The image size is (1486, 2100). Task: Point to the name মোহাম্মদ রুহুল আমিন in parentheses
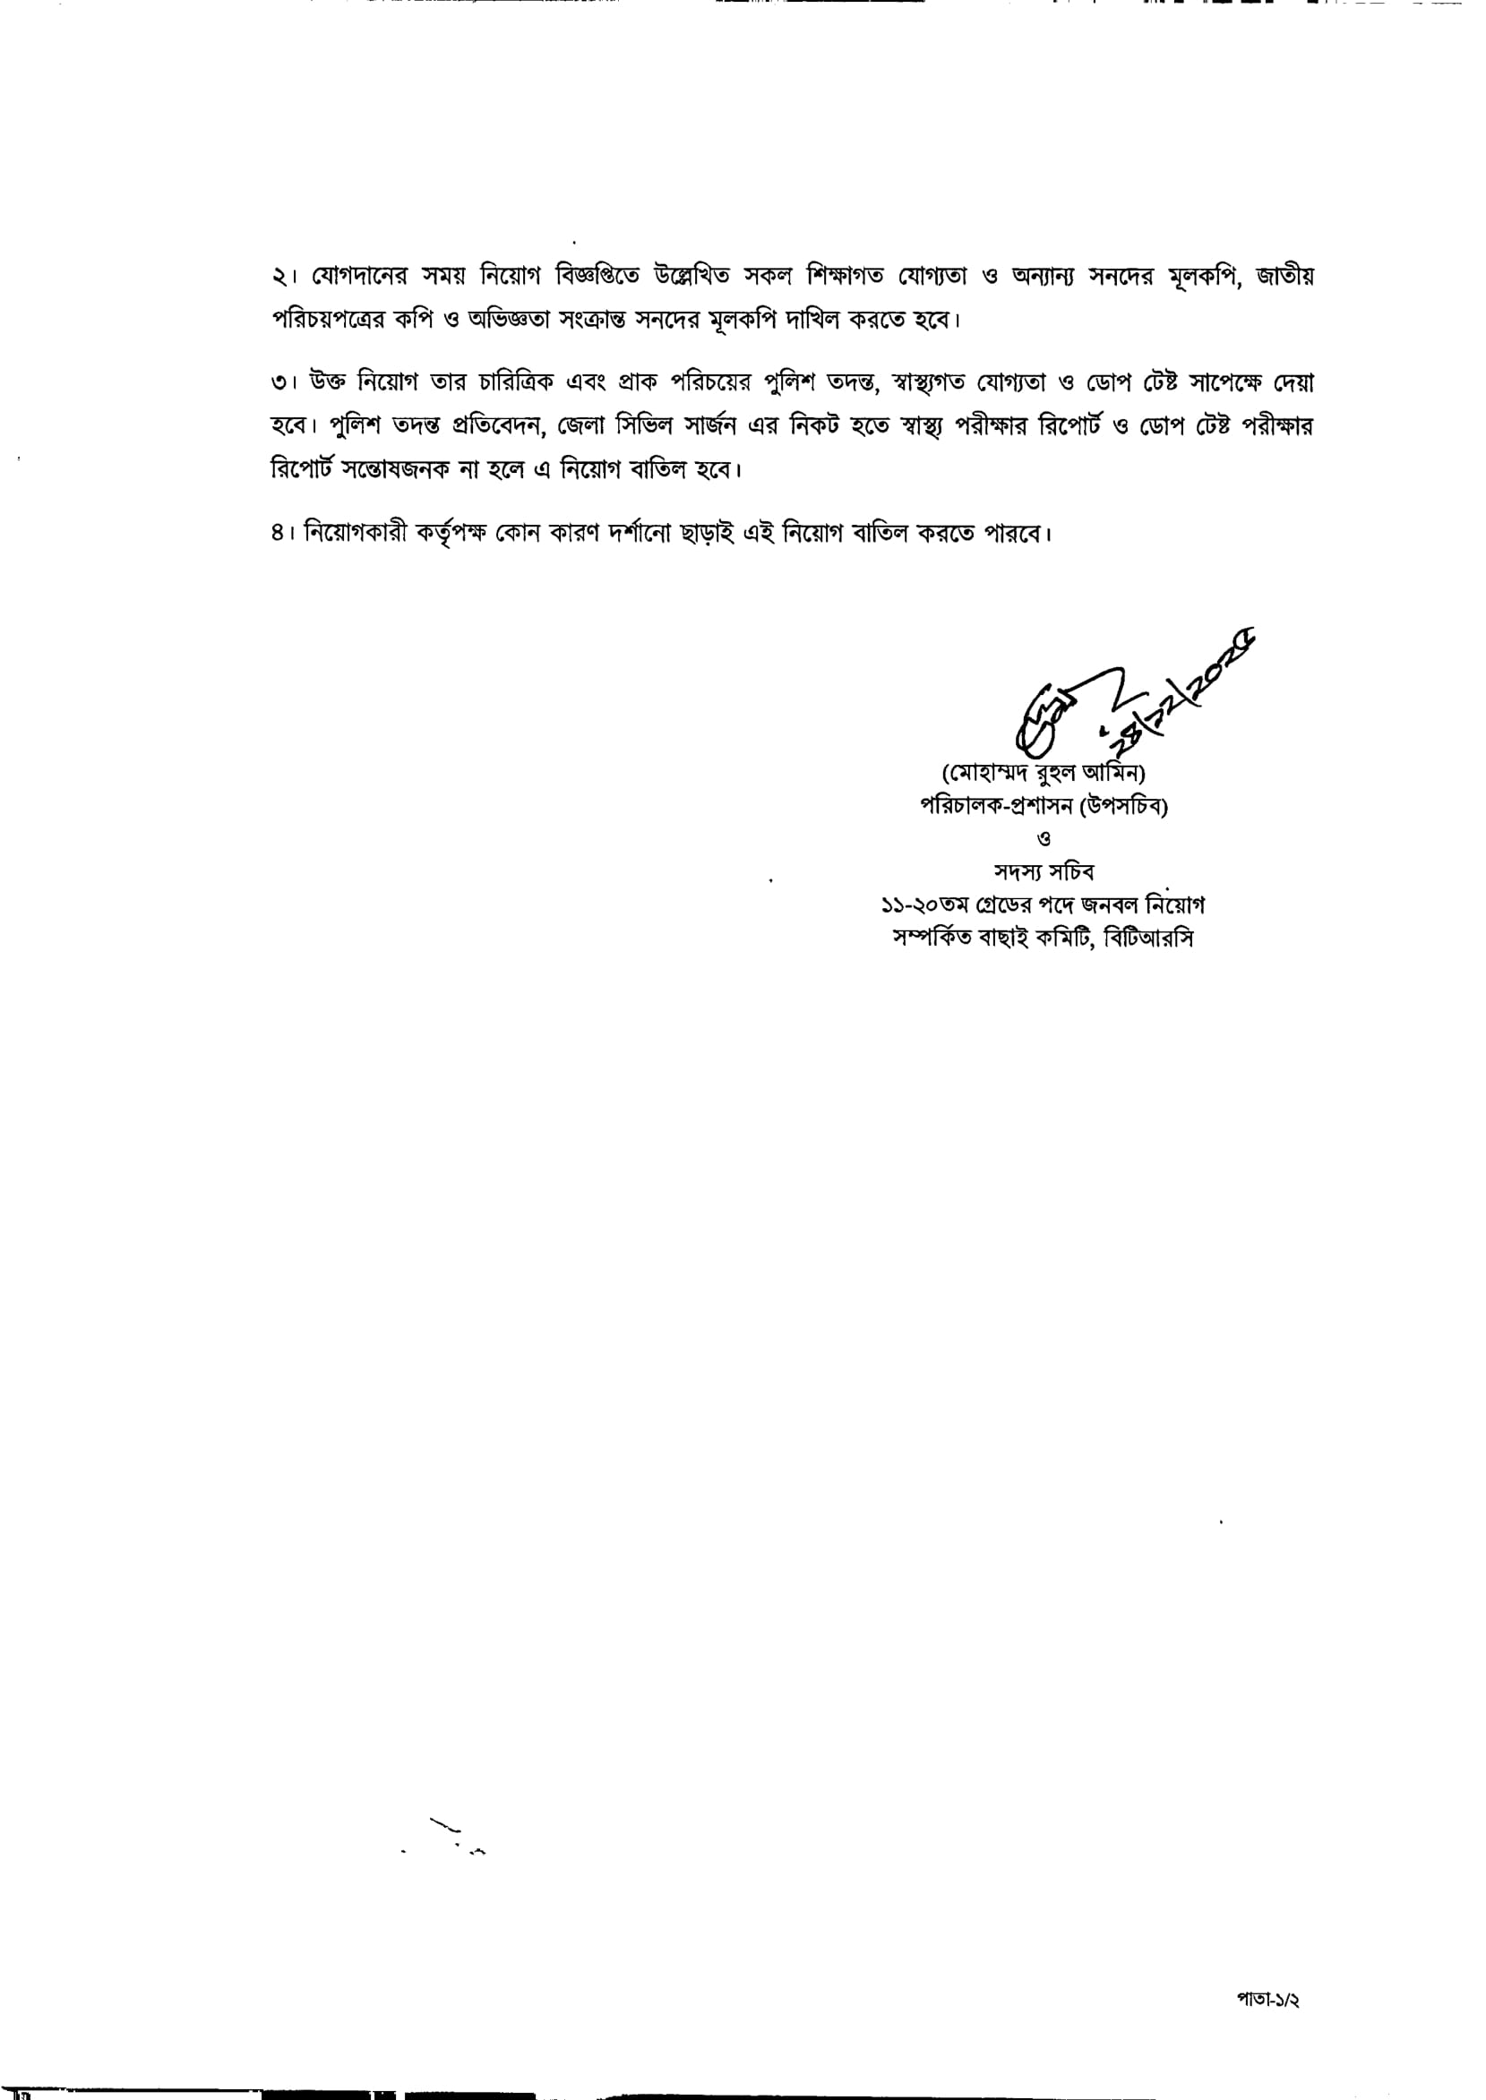[1044, 774]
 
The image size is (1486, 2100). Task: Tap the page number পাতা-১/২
[1268, 2001]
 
